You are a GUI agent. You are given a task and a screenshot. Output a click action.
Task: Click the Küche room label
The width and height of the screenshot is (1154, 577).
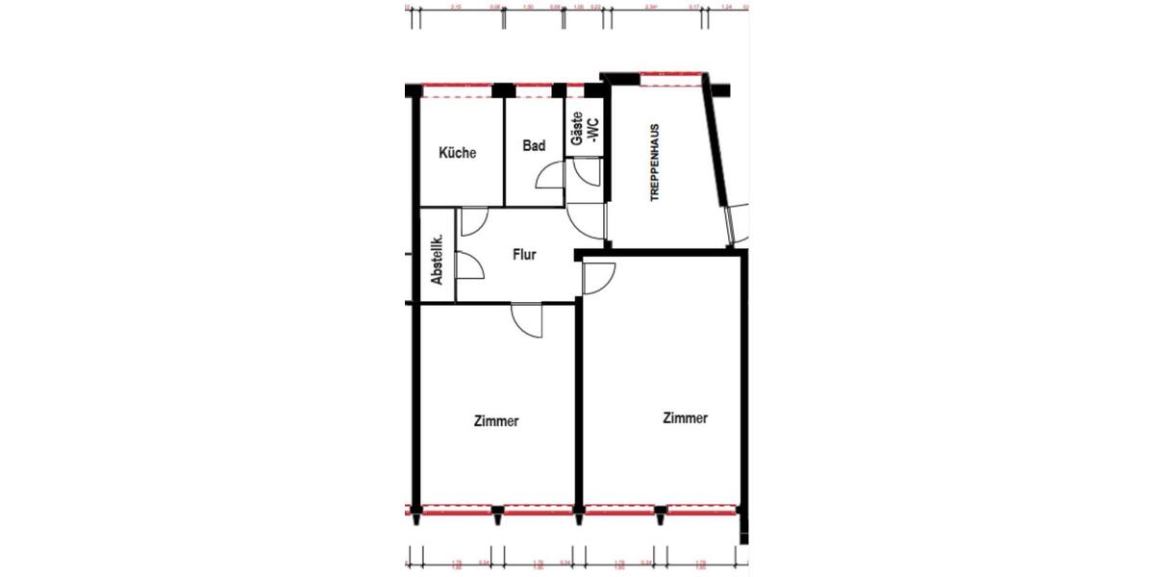tap(458, 153)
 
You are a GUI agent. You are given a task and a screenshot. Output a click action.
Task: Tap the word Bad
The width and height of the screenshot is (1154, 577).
tap(535, 146)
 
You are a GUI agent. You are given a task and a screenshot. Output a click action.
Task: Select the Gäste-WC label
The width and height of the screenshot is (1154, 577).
tap(584, 131)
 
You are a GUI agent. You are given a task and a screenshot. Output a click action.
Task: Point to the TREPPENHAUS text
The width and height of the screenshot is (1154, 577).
tap(655, 162)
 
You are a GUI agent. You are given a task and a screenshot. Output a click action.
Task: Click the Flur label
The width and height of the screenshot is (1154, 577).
tap(524, 256)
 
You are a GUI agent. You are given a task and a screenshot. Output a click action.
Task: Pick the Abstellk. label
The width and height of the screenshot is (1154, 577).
tap(437, 260)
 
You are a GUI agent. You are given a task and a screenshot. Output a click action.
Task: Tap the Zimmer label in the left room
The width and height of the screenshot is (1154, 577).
tap(497, 421)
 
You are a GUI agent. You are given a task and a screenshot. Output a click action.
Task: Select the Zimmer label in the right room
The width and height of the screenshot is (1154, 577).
tap(686, 418)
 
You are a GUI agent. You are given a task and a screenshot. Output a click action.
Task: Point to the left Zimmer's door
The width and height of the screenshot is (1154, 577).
tap(528, 320)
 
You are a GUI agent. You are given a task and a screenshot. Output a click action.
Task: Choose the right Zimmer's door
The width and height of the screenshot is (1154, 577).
tap(599, 278)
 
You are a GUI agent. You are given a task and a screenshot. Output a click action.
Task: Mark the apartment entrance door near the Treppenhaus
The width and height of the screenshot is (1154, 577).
tap(588, 222)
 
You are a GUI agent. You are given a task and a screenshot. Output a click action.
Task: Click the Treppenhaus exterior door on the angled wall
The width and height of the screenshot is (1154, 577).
tap(739, 224)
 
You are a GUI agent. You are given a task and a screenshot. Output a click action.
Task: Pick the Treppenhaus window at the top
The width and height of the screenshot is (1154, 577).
tap(669, 79)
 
